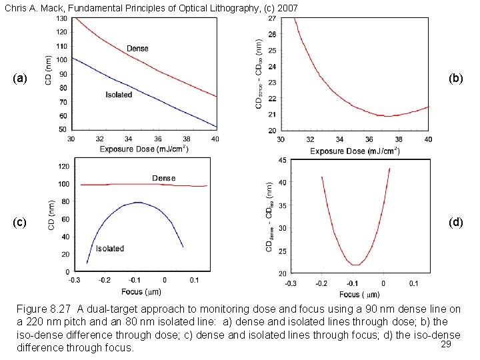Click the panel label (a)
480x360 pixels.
click(x=20, y=79)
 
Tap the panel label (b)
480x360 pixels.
click(x=456, y=79)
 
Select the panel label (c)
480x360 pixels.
click(x=20, y=222)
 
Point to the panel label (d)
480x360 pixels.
click(x=456, y=222)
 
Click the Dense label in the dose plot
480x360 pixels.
click(x=137, y=48)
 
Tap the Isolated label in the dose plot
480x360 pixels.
click(x=119, y=95)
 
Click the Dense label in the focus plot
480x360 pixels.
click(x=164, y=178)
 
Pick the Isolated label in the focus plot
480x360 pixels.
click(x=110, y=249)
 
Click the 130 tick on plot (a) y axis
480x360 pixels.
click(x=61, y=18)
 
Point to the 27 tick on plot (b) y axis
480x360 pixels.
click(x=273, y=18)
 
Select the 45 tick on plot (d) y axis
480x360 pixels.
click(x=282, y=160)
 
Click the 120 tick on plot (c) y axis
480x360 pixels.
click(x=65, y=165)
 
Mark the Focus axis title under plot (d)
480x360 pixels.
click(x=361, y=294)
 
